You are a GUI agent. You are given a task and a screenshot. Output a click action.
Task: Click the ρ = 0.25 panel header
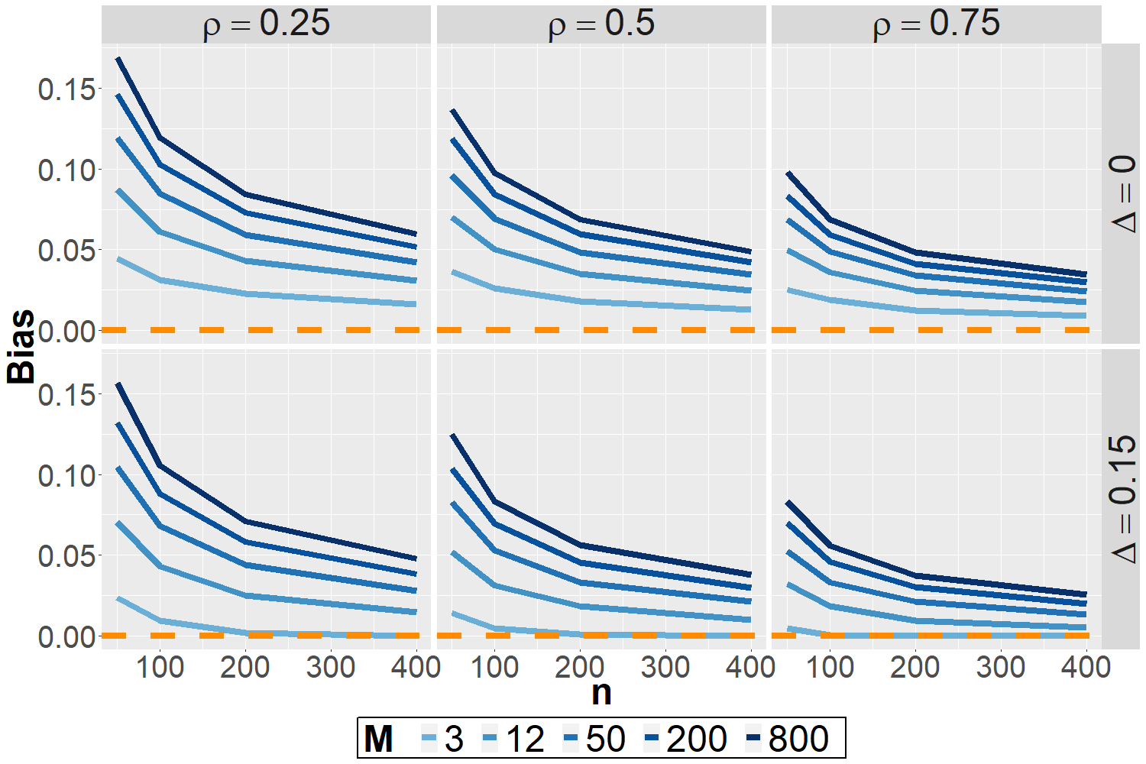[x=267, y=24]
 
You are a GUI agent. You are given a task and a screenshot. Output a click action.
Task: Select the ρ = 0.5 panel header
[x=601, y=24]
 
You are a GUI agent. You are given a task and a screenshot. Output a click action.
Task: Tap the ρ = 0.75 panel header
[x=937, y=24]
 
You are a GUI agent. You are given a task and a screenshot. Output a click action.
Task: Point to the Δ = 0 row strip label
[x=1122, y=194]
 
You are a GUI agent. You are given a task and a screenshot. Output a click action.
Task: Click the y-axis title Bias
[x=21, y=346]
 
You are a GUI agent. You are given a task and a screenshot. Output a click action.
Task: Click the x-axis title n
[x=601, y=692]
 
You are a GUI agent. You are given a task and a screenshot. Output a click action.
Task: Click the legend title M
[x=378, y=739]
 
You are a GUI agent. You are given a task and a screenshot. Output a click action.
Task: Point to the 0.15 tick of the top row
[x=67, y=89]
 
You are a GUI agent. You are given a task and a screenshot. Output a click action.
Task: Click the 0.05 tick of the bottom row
[x=67, y=555]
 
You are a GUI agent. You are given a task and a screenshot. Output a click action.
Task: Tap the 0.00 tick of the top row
[x=67, y=331]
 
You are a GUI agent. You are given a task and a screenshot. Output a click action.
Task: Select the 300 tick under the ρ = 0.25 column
[x=330, y=667]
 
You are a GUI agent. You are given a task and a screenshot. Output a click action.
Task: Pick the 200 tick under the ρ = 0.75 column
[x=915, y=667]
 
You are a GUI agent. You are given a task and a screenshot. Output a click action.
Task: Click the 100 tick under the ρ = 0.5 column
[x=494, y=667]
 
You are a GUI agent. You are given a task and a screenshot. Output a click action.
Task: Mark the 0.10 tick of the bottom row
[x=67, y=475]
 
